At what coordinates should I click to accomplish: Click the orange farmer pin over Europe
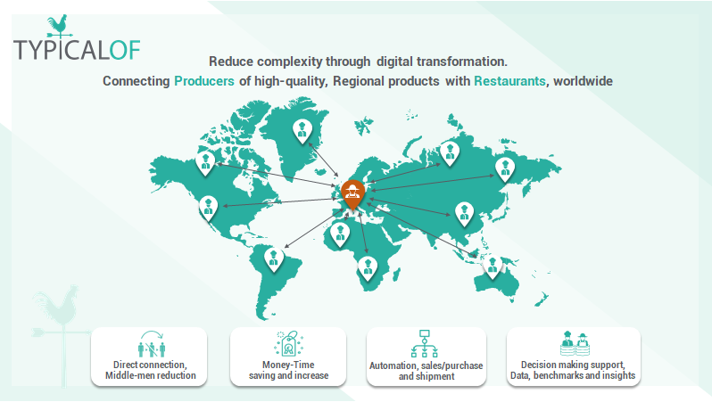[x=352, y=194]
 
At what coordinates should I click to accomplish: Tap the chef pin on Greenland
[x=302, y=131]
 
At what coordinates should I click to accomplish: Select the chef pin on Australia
[x=493, y=267]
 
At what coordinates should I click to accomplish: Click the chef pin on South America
[x=274, y=259]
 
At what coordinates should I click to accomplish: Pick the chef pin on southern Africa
[x=368, y=267]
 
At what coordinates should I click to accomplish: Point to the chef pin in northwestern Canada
[x=205, y=163]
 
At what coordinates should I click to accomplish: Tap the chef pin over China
[x=464, y=215]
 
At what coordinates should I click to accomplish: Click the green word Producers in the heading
[x=204, y=81]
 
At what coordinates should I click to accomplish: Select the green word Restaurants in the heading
[x=509, y=81]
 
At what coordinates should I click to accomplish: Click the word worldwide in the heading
[x=583, y=81]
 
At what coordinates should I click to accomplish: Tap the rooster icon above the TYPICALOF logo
[x=59, y=27]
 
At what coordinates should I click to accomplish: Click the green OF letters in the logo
[x=125, y=50]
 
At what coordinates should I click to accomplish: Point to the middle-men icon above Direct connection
[x=151, y=344]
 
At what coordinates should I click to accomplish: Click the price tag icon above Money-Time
[x=289, y=343]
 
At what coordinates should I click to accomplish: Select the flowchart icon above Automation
[x=425, y=343]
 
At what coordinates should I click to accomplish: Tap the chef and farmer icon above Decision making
[x=575, y=343]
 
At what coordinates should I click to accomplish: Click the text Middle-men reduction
[x=151, y=375]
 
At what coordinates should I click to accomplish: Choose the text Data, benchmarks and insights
[x=573, y=375]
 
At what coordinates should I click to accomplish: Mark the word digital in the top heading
[x=395, y=62]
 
